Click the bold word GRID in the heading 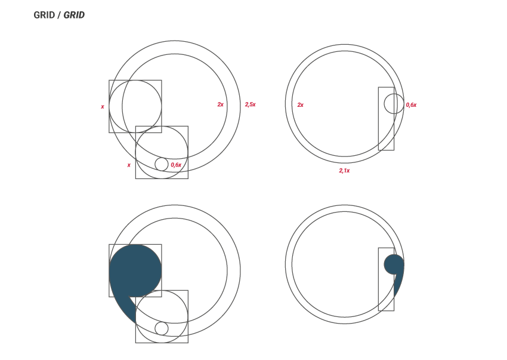click(x=44, y=15)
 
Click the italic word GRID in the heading click(x=74, y=15)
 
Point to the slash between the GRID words click(x=59, y=15)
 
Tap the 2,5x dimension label click(x=251, y=104)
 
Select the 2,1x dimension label click(x=344, y=171)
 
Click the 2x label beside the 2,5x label click(x=220, y=104)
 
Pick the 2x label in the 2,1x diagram click(x=301, y=105)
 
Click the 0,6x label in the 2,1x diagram click(x=412, y=105)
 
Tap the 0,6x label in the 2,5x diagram click(x=176, y=165)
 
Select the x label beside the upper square click(x=103, y=106)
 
